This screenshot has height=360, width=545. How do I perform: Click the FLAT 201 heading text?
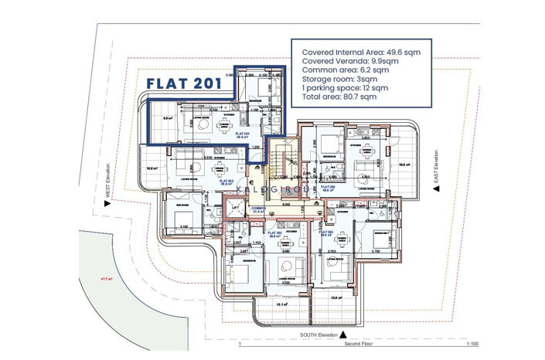[184, 83]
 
